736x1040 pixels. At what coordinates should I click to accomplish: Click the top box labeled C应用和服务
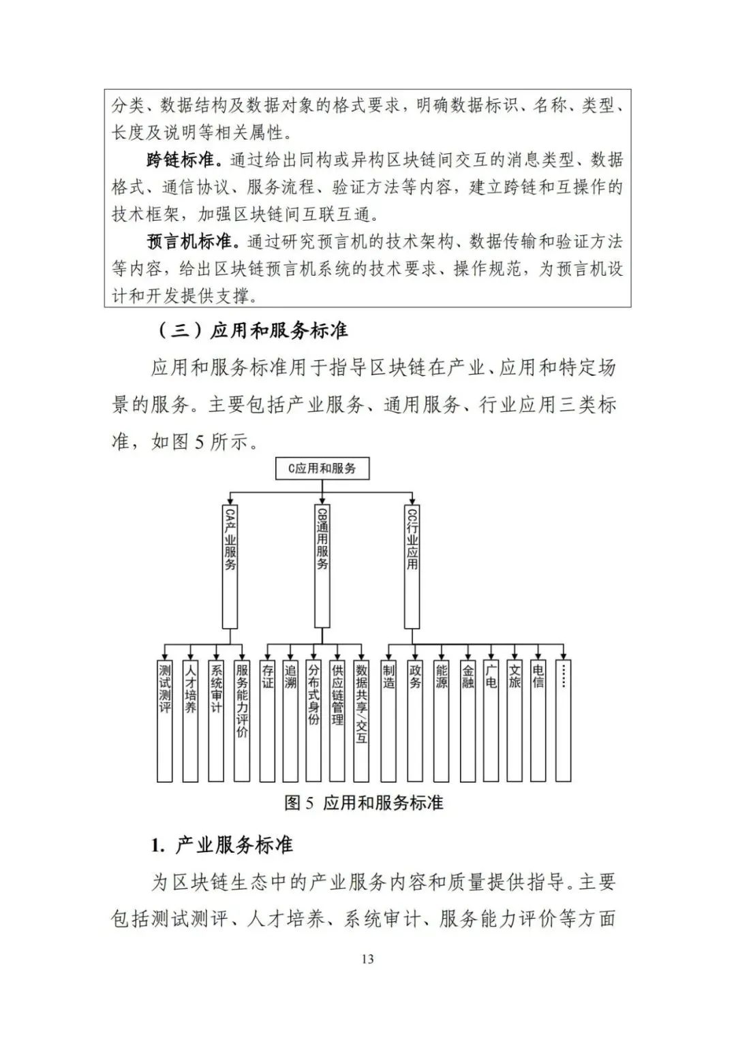coord(321,469)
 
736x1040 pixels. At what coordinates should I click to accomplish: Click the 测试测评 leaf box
coord(165,720)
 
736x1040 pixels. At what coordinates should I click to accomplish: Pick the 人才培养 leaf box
coord(191,720)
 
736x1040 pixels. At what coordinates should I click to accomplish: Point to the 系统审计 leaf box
coord(216,720)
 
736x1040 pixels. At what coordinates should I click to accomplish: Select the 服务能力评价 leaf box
coord(242,720)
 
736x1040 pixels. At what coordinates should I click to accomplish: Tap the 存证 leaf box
coord(268,720)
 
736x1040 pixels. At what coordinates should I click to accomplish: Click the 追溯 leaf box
coord(291,720)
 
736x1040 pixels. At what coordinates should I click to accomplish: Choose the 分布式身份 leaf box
coord(313,720)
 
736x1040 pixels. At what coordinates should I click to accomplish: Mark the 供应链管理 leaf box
coord(337,720)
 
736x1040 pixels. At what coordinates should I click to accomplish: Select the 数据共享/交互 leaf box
coord(361,720)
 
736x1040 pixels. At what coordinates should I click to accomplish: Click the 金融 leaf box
coord(467,720)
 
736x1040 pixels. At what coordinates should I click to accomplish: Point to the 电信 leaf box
coord(538,720)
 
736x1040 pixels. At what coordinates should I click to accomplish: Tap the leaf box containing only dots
coord(563,720)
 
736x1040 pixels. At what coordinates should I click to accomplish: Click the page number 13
coord(367,959)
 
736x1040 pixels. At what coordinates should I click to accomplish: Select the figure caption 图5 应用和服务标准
coord(364,803)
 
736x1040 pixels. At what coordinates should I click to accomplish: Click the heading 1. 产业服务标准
coord(222,845)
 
